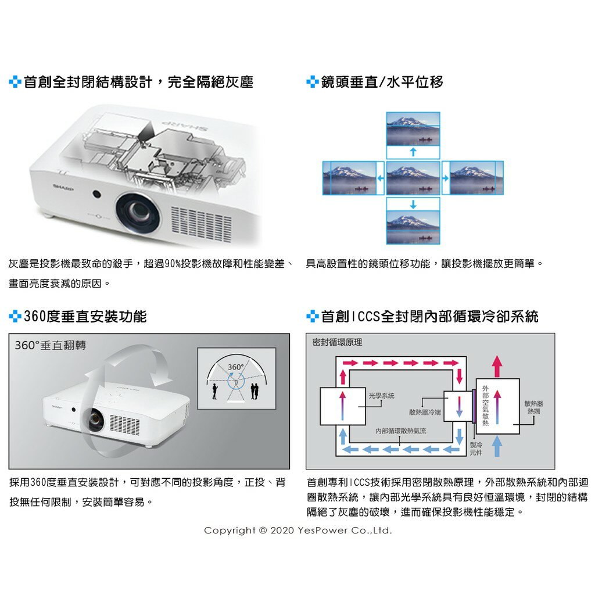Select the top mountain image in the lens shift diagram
[413, 130]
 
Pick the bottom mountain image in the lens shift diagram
[413, 220]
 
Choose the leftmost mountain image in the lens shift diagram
[349, 178]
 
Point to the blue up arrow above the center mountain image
[413, 152]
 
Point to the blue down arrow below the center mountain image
[413, 203]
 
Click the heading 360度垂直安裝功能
[85, 317]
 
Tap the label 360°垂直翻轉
[50, 345]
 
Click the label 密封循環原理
[337, 342]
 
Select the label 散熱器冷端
[425, 412]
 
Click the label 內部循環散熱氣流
[400, 431]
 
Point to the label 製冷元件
[475, 448]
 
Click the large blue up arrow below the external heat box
[497, 448]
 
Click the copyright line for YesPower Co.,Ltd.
[298, 531]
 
